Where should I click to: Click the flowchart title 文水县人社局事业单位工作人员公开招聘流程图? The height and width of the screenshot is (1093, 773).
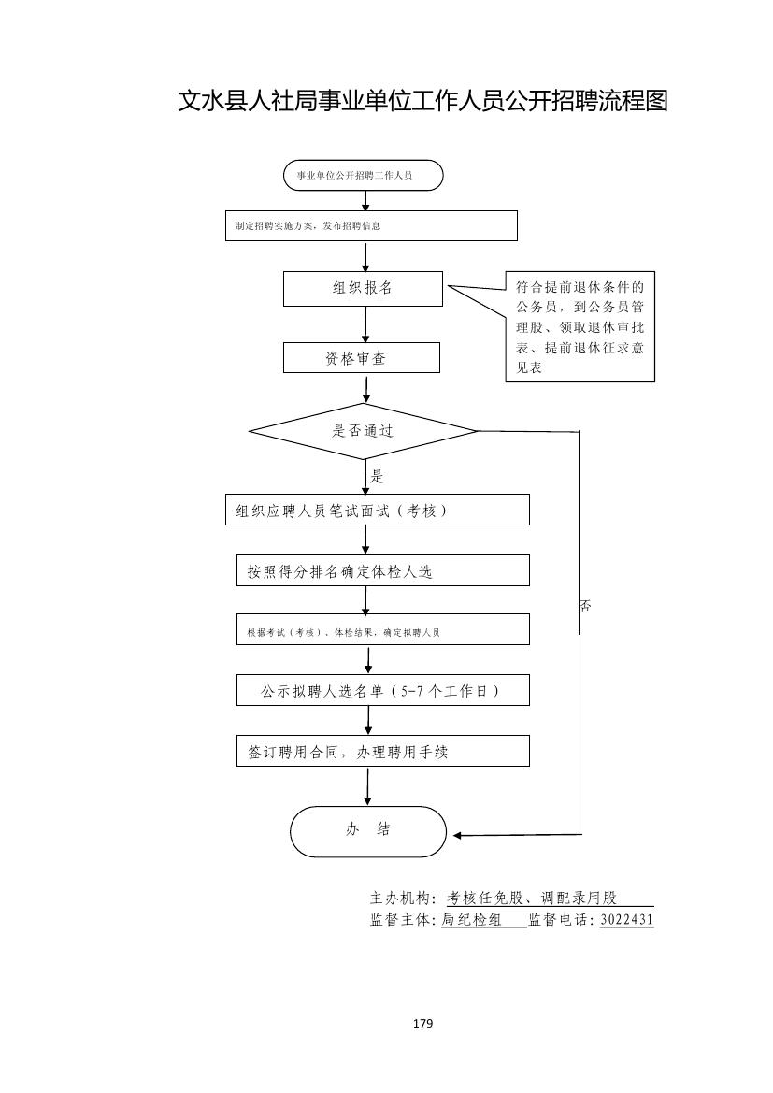coord(422,101)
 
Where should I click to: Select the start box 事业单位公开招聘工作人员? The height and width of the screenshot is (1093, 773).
coord(364,176)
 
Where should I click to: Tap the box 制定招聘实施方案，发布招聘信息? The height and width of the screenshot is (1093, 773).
coord(371,225)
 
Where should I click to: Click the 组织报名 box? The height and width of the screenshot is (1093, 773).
coord(363,288)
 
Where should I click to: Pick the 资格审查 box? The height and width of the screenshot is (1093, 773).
coord(362,358)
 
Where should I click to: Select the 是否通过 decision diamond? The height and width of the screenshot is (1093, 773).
coord(364,431)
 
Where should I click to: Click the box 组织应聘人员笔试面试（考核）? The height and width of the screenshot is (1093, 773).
coord(378,511)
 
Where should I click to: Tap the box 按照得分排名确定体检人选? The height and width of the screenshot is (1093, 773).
coord(382,571)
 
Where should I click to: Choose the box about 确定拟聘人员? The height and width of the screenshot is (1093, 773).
coord(382,632)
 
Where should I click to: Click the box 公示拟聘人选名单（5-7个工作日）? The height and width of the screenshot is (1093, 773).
coord(382,691)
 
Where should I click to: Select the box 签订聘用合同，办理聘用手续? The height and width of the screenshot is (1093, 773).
coord(382,751)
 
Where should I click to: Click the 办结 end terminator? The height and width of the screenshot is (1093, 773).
coord(368,830)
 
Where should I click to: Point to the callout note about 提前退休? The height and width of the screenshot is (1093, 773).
coord(580,327)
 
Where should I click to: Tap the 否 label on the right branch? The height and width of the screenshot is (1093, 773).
coord(585,607)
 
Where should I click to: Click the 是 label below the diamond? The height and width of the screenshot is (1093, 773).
coord(377,477)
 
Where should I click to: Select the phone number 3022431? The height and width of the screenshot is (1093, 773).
coord(626,920)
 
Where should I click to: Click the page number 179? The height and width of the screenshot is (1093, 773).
coord(422,1024)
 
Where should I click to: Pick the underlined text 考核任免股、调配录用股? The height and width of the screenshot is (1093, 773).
coord(533,899)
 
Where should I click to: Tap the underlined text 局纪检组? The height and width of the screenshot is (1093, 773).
coord(472,920)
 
